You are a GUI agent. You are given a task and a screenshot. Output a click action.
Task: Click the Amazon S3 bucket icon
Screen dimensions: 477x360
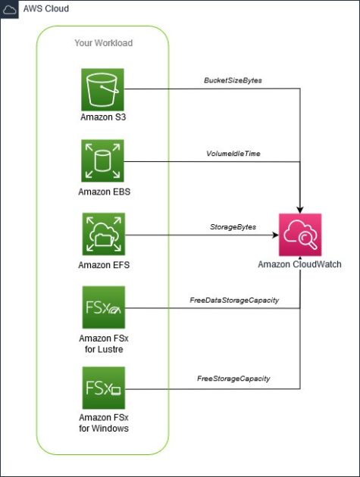click(103, 89)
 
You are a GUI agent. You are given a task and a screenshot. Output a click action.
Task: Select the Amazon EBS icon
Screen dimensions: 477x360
click(103, 161)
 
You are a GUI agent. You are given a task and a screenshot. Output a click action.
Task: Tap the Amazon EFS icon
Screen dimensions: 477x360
click(103, 234)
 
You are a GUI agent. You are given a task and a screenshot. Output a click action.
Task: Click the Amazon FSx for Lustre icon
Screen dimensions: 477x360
click(103, 307)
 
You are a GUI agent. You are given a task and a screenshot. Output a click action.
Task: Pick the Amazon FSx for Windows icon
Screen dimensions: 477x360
click(103, 388)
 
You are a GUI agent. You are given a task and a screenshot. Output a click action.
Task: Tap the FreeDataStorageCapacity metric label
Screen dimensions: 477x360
click(234, 301)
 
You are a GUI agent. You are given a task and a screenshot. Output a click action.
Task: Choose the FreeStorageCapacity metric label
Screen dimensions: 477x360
click(234, 378)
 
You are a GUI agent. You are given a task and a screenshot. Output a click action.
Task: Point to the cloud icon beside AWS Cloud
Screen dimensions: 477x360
click(11, 11)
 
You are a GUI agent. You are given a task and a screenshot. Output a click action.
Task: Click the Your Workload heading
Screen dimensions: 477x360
click(103, 43)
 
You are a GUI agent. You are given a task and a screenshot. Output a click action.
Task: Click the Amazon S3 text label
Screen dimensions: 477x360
click(103, 117)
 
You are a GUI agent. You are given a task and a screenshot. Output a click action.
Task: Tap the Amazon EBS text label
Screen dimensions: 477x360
click(103, 192)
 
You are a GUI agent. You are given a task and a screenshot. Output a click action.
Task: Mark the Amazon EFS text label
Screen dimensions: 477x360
click(103, 265)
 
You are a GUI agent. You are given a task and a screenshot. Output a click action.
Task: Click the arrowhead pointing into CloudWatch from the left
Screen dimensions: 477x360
click(275, 235)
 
